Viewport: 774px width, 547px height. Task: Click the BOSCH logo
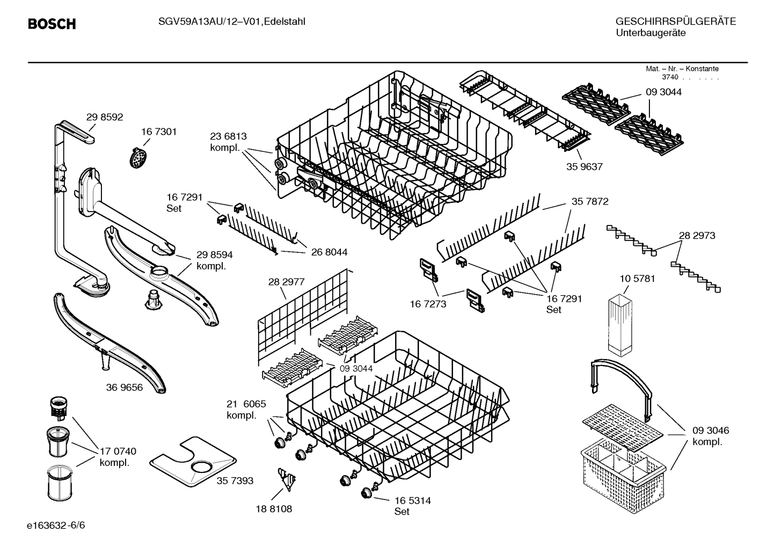click(x=52, y=24)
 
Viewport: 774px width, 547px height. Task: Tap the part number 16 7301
click(x=159, y=132)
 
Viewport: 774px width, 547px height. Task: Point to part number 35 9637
click(x=585, y=166)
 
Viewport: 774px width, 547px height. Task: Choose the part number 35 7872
click(x=590, y=201)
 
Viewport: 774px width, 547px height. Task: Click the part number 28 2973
click(x=697, y=235)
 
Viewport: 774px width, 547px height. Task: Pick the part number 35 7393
click(x=235, y=480)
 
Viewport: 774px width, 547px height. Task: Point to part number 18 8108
click(x=274, y=508)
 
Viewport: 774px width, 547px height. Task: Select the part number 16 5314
click(x=413, y=500)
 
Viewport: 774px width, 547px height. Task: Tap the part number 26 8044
click(x=329, y=252)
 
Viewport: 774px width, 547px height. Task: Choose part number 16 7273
click(x=428, y=304)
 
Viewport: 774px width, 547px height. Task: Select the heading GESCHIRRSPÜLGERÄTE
click(x=675, y=21)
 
